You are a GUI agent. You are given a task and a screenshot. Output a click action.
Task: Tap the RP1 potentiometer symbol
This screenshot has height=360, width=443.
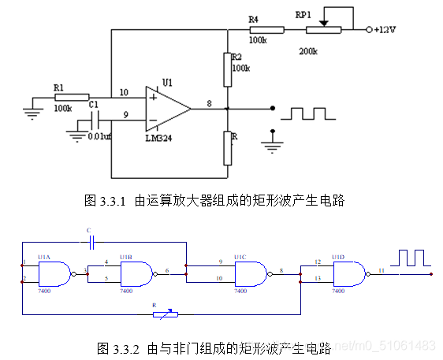[323, 30]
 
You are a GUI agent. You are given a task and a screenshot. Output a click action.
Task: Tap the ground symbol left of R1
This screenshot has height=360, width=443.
[33, 111]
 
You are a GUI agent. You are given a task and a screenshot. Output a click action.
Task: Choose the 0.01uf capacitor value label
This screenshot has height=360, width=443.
[100, 138]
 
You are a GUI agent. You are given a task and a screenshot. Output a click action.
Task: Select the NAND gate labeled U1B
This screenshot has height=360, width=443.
[135, 273]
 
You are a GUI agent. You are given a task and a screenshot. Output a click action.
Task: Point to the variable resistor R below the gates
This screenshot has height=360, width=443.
[166, 315]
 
